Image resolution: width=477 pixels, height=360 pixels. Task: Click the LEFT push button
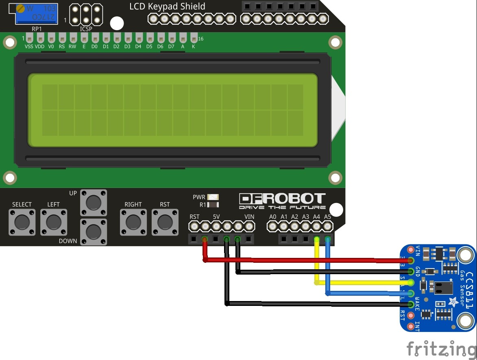tap(53, 222)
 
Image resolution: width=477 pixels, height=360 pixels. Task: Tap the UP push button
tap(94, 202)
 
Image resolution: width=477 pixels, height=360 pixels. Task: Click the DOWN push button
tap(94, 232)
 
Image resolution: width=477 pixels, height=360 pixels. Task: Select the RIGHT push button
tap(133, 222)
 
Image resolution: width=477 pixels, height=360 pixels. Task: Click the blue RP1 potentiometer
tap(36, 14)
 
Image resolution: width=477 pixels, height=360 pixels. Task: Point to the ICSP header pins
tap(86, 14)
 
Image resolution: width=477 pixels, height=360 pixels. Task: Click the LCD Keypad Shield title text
tap(167, 7)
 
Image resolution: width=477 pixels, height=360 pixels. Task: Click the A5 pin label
tap(327, 217)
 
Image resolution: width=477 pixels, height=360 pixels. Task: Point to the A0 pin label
tap(273, 217)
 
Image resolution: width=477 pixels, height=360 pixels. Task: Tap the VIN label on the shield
tap(249, 217)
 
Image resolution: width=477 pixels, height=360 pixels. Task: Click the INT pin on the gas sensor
tap(411, 325)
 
